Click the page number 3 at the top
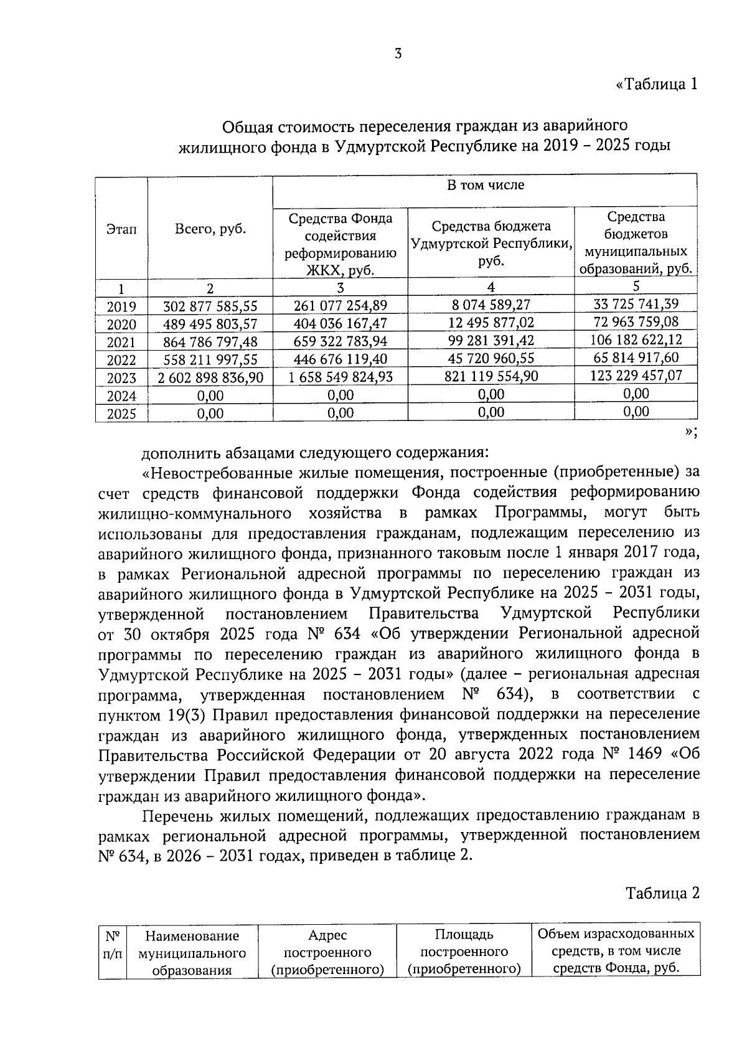coord(398,54)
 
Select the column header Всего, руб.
coord(210,229)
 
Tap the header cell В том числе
coord(485,185)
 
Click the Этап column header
coord(121,229)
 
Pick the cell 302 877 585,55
coord(210,306)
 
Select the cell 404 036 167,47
coord(340,323)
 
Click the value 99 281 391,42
coord(491,340)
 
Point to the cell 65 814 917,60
coord(636,357)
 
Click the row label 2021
coord(121,342)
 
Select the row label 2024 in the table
coord(121,396)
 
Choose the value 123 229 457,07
coord(636,376)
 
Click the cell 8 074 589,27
coord(491,305)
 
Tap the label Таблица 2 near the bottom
coord(662,893)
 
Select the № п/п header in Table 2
coord(112,945)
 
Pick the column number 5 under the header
coord(636,286)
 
